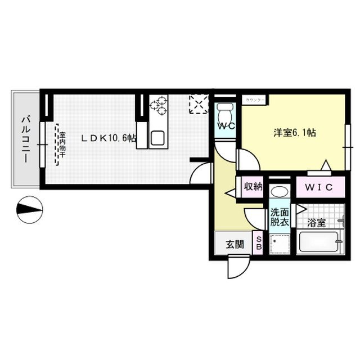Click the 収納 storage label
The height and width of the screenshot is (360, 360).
tap(253, 186)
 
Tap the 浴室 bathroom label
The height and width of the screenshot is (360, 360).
tap(317, 222)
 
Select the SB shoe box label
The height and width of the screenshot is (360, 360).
tap(259, 242)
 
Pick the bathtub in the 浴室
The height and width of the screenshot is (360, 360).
tap(318, 242)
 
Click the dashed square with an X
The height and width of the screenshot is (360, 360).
tap(199, 104)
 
